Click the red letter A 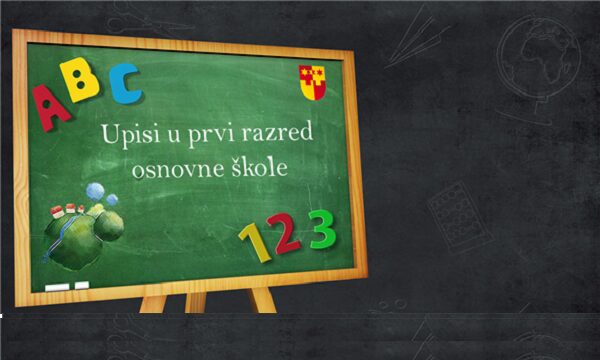[52, 105]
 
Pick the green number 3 [321, 228]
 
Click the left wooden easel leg [152, 301]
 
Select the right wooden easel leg [262, 299]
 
